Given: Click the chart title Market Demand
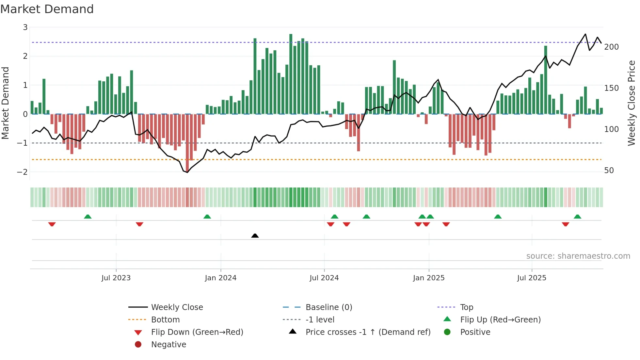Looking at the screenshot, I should (x=47, y=9).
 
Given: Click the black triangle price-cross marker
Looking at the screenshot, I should (x=255, y=236).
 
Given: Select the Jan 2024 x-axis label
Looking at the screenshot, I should (x=220, y=278).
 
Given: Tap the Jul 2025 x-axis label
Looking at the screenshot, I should (x=532, y=278).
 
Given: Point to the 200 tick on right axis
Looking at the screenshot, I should (x=611, y=47).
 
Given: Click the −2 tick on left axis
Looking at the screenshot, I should (x=22, y=172).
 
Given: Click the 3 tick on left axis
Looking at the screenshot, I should (x=25, y=27).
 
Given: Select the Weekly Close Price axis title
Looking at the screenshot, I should (x=632, y=103).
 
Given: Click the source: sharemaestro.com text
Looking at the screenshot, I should (x=578, y=256).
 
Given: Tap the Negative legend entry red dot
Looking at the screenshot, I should (x=138, y=345).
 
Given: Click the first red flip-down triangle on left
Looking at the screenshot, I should (x=52, y=224).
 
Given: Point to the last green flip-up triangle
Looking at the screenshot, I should (x=577, y=217).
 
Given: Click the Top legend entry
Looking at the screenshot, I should (x=466, y=307).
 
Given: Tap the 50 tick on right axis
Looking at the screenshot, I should (x=609, y=171).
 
